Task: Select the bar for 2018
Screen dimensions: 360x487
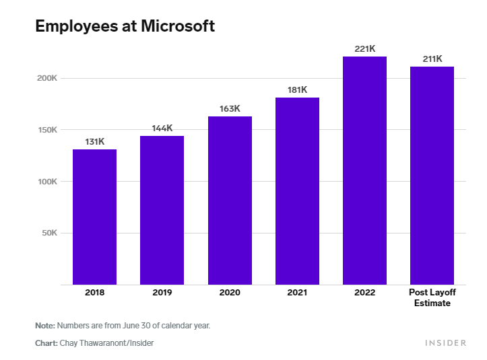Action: (x=94, y=217)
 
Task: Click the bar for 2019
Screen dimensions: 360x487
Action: (x=162, y=210)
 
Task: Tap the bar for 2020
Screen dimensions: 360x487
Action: (x=230, y=201)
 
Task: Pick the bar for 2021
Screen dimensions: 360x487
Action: (x=297, y=191)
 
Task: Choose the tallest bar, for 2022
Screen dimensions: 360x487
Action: (x=364, y=170)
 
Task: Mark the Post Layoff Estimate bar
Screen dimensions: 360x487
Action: (x=432, y=176)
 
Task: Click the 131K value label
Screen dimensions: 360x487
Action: (x=94, y=141)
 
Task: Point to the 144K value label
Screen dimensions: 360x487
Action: (x=162, y=128)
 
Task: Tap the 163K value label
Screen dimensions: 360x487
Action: (x=230, y=108)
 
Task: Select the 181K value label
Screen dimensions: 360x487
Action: (x=297, y=89)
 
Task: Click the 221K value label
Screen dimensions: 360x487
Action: (x=364, y=48)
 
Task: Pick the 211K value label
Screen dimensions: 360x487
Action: (x=432, y=59)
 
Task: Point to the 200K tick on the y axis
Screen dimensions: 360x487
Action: (x=47, y=78)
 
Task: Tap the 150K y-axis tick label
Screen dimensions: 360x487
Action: (x=47, y=130)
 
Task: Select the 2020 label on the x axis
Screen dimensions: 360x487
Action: (x=230, y=293)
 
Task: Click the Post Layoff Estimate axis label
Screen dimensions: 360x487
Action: (x=432, y=297)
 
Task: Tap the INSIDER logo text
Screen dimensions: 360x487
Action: (x=445, y=343)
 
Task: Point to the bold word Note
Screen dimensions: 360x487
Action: (x=45, y=326)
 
